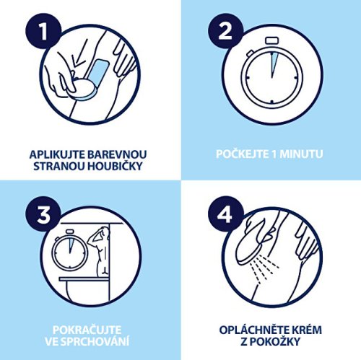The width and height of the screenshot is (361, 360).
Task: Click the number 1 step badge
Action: pyautogui.click(x=43, y=31)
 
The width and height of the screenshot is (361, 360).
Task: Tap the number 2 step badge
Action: pyautogui.click(x=225, y=31)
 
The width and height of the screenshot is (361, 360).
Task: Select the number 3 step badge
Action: pyautogui.click(x=43, y=214)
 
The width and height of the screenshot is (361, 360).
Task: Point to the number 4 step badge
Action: pyautogui.click(x=225, y=214)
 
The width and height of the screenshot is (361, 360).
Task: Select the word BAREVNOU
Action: pyautogui.click(x=117, y=154)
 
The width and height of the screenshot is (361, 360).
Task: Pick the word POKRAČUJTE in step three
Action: pyautogui.click(x=87, y=330)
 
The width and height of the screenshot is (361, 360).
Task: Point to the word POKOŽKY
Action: pyautogui.click(x=274, y=341)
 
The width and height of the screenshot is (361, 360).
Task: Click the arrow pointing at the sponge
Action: pyautogui.click(x=79, y=58)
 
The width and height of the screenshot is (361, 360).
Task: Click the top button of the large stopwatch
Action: pyautogui.click(x=271, y=40)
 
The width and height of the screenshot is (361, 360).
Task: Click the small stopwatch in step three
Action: pyautogui.click(x=69, y=251)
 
